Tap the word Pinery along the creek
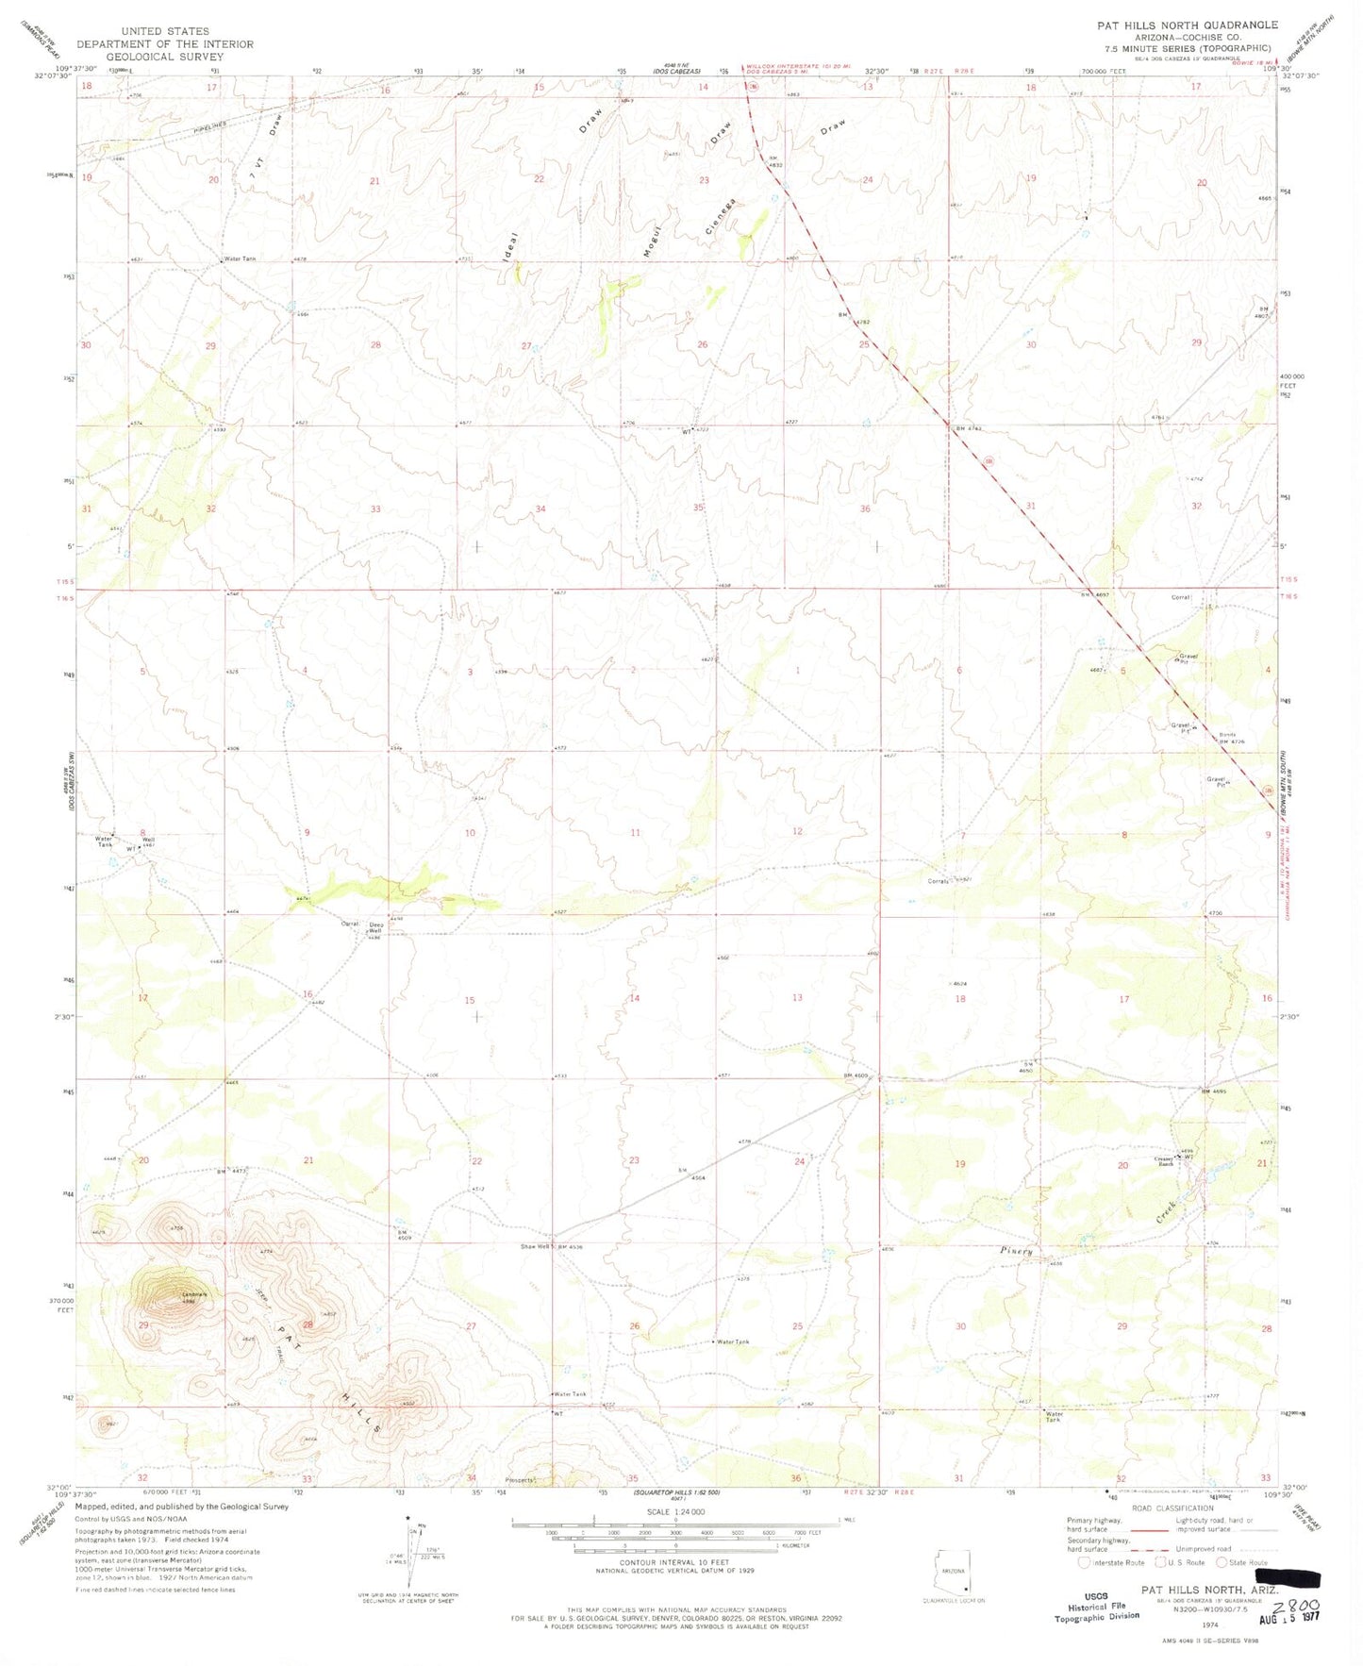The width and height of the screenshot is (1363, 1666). coord(1018,1251)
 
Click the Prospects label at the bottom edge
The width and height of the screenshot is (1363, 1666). coord(520,1480)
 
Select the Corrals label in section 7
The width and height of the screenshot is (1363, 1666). coord(938,882)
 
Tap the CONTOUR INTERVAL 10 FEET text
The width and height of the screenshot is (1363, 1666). coord(674,1589)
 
